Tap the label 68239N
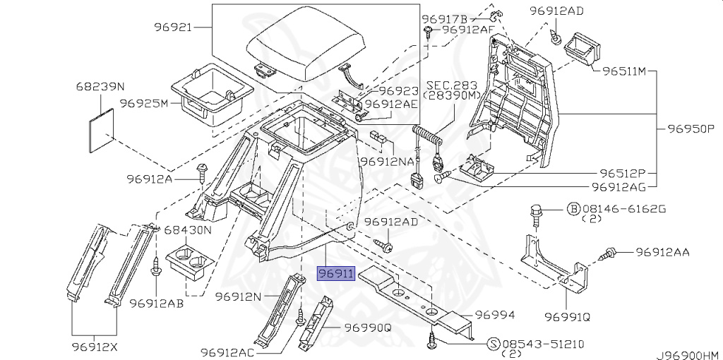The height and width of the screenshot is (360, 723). tap(100, 87)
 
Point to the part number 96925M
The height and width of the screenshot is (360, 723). tap(143, 103)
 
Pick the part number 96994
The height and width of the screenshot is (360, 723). tap(494, 315)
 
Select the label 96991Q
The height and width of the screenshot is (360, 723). tap(567, 316)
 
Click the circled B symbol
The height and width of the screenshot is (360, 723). tap(573, 209)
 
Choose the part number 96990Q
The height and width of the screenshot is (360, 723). tap(368, 328)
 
